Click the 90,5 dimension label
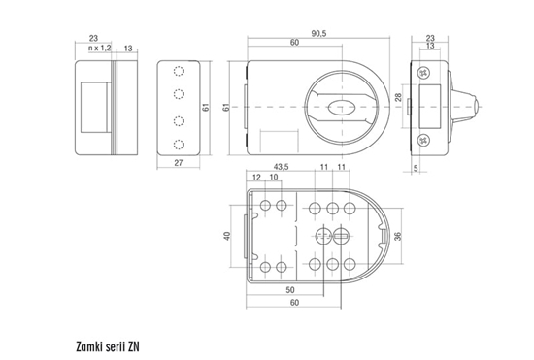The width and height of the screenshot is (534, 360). [x=318, y=33]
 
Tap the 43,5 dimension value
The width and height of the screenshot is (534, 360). [x=281, y=167]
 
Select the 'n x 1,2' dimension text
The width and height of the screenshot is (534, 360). [x=99, y=48]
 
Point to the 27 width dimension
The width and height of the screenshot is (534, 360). [x=179, y=163]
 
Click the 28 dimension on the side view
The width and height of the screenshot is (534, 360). [x=398, y=98]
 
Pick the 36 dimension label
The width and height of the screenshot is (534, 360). [x=397, y=236]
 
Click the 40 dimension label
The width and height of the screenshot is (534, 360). [x=227, y=236]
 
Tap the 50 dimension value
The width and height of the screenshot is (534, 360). [x=290, y=290]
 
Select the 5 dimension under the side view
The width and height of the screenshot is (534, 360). [x=416, y=168]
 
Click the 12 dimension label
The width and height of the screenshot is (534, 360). [x=256, y=177]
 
